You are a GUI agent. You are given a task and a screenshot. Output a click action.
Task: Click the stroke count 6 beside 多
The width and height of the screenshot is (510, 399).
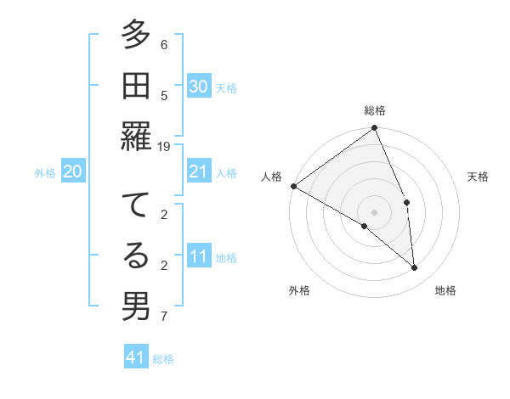coord(164,44)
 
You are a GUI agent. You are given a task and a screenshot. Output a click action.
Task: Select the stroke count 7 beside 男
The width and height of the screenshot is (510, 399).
coord(164,317)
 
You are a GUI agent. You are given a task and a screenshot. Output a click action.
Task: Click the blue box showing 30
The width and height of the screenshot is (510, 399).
coord(198,86)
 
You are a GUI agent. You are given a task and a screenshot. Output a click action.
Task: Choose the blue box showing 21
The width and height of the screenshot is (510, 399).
coord(198,171)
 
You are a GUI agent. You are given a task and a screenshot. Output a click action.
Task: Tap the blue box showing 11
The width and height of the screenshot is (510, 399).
coord(198,256)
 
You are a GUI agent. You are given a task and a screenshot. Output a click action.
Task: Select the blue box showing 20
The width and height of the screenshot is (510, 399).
coord(72,171)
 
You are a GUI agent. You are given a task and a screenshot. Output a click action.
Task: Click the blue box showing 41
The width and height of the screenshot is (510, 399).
coord(136,357)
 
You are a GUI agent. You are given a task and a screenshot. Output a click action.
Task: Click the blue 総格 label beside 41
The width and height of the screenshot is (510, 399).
coord(163,359)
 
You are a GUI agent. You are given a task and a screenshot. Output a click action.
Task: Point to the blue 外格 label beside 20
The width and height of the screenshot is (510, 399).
coord(45,173)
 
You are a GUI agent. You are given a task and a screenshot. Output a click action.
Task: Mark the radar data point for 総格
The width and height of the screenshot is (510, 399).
coord(374,129)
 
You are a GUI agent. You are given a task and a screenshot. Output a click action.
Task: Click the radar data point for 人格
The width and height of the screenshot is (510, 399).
coord(293,186)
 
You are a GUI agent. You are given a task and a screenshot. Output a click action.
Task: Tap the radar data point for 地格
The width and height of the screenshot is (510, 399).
coord(415,267)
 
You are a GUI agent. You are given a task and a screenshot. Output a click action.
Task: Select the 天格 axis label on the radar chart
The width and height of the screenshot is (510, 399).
coord(478,177)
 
